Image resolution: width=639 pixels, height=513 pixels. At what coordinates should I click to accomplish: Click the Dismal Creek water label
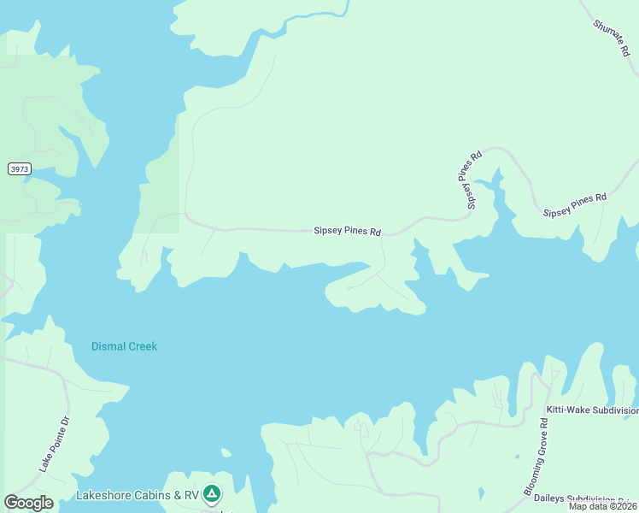point(125,346)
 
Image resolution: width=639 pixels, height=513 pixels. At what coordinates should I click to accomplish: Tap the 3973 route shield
point(20,169)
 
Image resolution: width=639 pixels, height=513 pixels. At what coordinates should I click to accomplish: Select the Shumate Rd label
point(610,37)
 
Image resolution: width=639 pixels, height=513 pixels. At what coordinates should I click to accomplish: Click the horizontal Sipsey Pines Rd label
point(347,231)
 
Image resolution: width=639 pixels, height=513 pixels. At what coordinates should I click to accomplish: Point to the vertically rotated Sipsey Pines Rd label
point(469,180)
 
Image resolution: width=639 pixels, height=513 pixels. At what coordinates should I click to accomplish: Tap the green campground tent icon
point(212,493)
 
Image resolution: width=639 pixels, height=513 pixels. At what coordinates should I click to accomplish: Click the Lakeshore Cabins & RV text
point(138,495)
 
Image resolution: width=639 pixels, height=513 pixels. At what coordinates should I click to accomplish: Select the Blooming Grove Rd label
point(536,457)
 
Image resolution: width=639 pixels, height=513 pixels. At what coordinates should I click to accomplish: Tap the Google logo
point(29,503)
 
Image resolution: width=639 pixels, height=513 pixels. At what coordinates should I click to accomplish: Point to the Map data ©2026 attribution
point(602,507)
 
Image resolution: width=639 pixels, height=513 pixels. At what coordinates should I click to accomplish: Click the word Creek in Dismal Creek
point(141,346)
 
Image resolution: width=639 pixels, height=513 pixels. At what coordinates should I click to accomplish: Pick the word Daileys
point(564,499)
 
